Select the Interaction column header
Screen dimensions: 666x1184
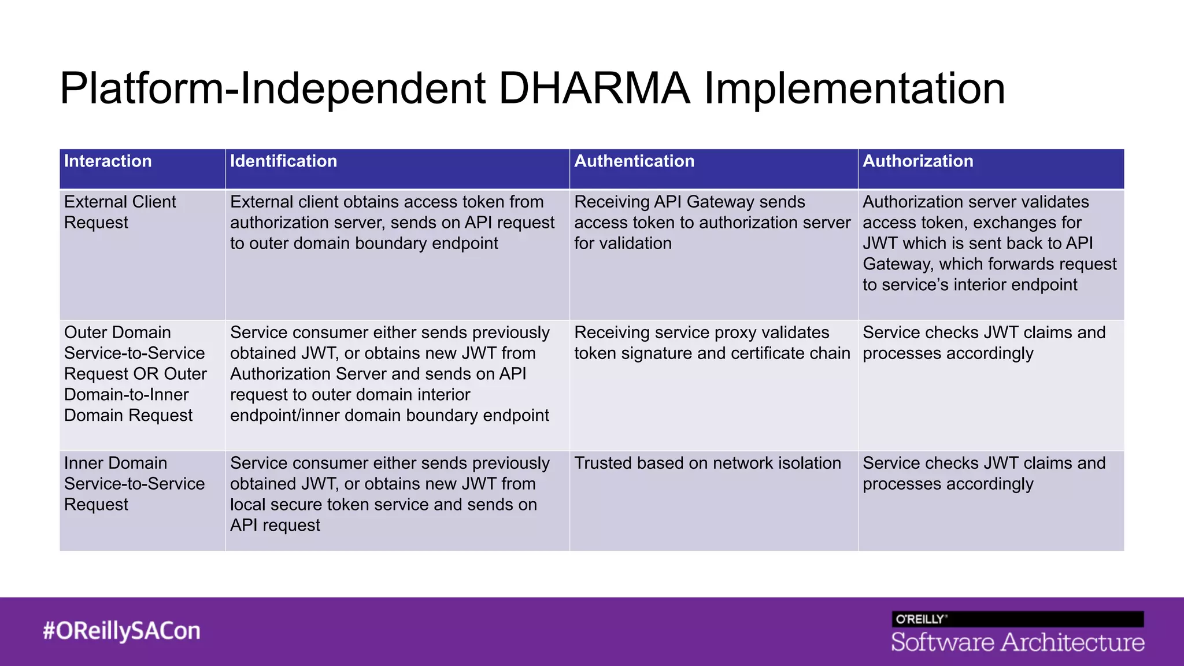[x=108, y=161]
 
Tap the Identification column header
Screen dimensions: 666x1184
[x=283, y=161]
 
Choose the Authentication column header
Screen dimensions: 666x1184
[x=634, y=161]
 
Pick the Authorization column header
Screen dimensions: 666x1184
[x=917, y=161]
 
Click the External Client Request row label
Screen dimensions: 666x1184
[x=120, y=212]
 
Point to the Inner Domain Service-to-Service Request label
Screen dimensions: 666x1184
[x=134, y=484]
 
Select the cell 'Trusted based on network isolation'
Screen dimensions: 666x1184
[x=707, y=463]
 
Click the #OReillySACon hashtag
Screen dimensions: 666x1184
[x=121, y=631]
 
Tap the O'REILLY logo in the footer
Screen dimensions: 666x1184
[x=920, y=619]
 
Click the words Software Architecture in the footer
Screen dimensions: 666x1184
[x=1017, y=642]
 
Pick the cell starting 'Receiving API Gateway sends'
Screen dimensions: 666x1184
[x=712, y=223]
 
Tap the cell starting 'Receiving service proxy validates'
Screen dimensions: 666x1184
[x=712, y=343]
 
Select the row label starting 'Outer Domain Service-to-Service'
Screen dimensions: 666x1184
[x=135, y=374]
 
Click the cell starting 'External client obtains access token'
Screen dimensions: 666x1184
[x=392, y=223]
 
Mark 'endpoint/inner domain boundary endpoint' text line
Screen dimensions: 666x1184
[x=389, y=416]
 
